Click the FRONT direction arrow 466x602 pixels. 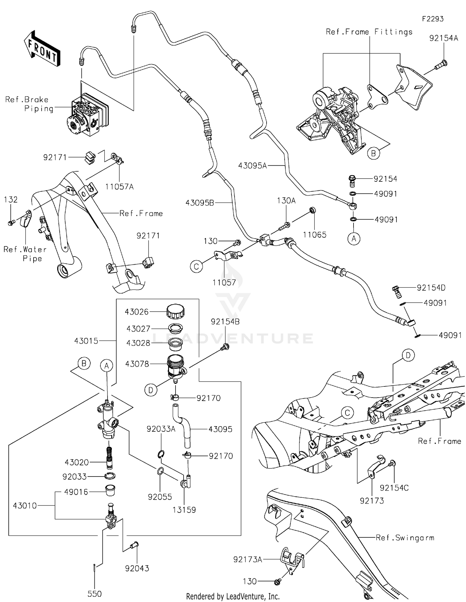(42, 49)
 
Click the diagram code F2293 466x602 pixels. (432, 19)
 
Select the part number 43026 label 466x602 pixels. (137, 312)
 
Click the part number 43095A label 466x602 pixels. (252, 166)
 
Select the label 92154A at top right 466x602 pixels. (444, 38)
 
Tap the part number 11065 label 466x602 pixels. (314, 235)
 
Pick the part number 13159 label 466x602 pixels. (184, 510)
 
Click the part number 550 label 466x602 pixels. (94, 594)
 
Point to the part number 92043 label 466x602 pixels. (137, 568)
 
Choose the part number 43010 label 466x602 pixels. (25, 506)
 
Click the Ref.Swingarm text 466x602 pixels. (405, 538)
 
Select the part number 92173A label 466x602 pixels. (248, 559)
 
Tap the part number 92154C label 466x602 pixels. (394, 488)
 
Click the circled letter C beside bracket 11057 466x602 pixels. (196, 267)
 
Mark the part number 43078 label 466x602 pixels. (137, 364)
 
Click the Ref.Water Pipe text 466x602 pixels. (25, 254)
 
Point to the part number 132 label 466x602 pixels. (11, 200)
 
